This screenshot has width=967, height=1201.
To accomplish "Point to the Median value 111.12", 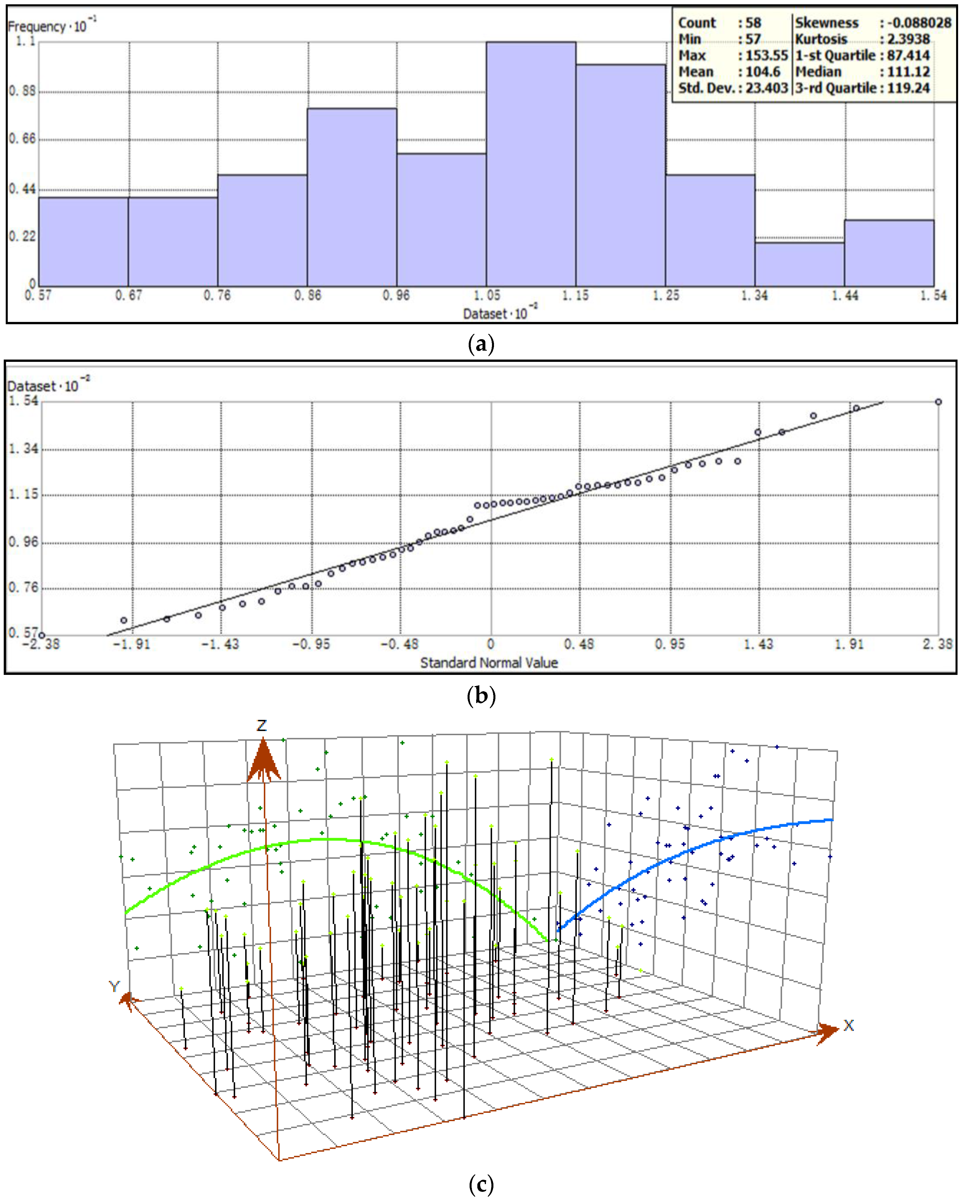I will click(908, 72).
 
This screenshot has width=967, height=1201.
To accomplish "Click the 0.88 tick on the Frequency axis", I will click(22, 91).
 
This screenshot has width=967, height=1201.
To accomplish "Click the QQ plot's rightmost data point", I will click(938, 402).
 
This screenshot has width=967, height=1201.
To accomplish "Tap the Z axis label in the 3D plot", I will click(261, 725).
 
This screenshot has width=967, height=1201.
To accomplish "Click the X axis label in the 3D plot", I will click(848, 1025).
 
